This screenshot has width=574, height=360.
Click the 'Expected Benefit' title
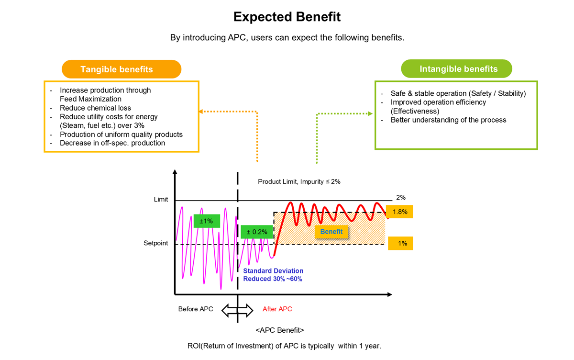pos(287,17)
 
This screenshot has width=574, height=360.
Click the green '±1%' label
pos(207,221)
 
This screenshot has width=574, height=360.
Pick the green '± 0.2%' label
pos(257,232)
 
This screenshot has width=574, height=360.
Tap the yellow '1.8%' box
pos(399,212)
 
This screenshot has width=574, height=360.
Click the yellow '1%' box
pos(400,243)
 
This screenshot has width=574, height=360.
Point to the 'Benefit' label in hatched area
pos(331,232)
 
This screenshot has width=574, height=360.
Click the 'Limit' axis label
pos(161,199)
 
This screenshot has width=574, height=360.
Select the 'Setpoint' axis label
pos(156,243)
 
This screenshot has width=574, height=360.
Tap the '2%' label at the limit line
pos(401,197)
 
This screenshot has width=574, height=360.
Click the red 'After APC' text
pos(277,309)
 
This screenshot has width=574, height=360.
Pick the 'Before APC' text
pos(196,309)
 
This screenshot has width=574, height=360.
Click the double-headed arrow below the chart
pos(238,310)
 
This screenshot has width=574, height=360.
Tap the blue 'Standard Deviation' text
pos(273,271)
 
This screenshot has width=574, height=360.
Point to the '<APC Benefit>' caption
pos(280,330)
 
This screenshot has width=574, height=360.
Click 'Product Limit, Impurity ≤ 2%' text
pos(299,182)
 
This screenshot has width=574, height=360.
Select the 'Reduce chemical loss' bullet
pos(95,108)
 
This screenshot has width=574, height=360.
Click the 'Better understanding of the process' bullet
pos(448,120)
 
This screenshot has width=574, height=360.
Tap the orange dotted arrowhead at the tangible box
pos(201,112)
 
